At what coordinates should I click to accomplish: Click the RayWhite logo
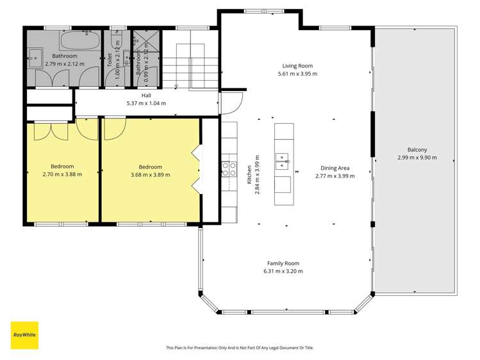click(x=24, y=335)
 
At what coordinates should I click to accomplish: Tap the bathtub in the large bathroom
click(x=80, y=42)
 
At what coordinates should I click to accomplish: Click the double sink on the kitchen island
click(x=283, y=161)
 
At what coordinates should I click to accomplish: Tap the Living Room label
click(x=297, y=65)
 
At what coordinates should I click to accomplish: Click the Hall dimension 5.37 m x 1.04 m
click(x=146, y=103)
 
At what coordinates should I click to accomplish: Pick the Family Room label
click(x=283, y=263)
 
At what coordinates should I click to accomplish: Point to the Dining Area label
click(x=335, y=168)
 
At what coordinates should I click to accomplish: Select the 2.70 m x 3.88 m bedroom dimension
click(x=62, y=174)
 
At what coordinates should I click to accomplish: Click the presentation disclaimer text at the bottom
click(x=240, y=348)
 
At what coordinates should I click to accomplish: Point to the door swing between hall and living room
click(x=231, y=104)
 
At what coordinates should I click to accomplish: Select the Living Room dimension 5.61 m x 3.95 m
click(x=297, y=74)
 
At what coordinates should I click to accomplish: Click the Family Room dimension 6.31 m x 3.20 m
click(x=283, y=271)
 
